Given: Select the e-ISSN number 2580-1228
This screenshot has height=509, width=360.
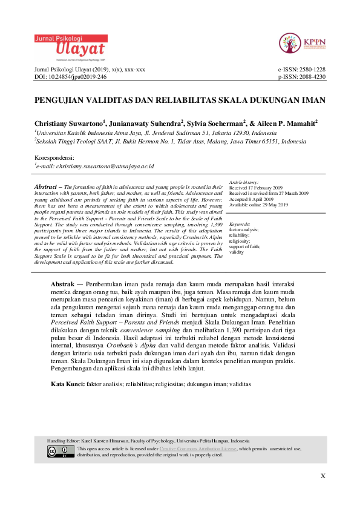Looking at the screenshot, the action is (310, 70).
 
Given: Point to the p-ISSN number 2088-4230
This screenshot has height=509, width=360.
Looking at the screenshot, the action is (310, 77).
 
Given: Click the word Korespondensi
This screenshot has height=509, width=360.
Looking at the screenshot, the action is (54, 157).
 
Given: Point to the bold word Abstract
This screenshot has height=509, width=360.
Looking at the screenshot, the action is (47, 187).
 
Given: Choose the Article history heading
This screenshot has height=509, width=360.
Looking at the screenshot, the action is (244, 182).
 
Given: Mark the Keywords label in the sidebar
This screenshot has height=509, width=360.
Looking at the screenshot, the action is (240, 224).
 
